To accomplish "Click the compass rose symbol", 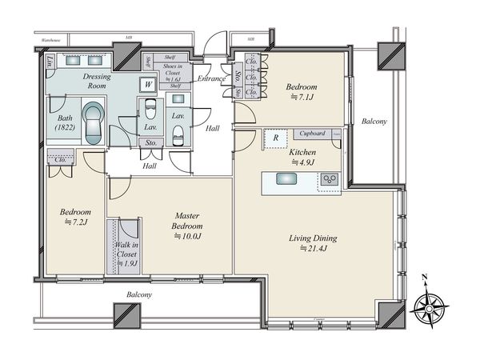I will coord(430,306).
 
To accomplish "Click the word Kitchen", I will coord(302,151).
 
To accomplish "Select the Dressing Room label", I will coord(101,80).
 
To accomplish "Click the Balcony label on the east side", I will coord(374,122).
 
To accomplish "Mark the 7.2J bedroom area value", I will coord(75,223).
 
